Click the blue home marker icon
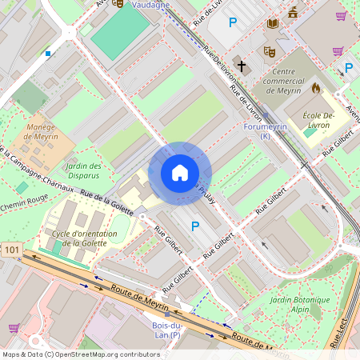click(x=180, y=173)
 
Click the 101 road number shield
click(x=11, y=250)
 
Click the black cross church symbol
click(x=241, y=66)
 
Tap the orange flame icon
click(x=315, y=88)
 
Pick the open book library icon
click(x=272, y=23)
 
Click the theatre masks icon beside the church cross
click(x=269, y=51)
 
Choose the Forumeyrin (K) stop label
click(x=264, y=130)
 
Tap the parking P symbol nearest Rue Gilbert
click(x=195, y=227)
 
